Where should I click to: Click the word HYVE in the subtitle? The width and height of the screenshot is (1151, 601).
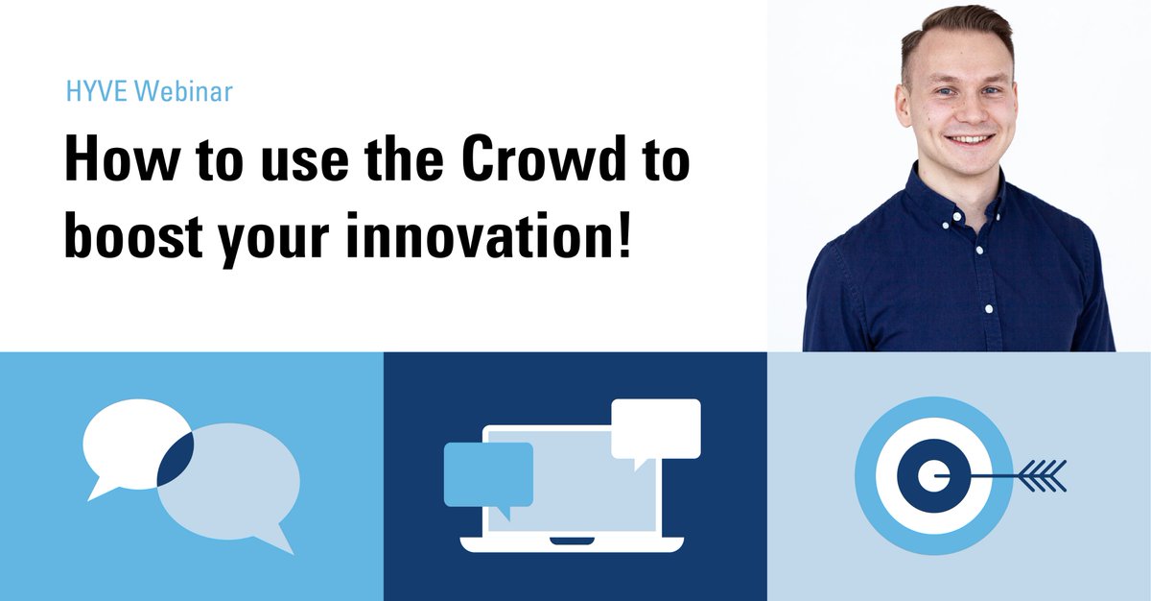point(98,93)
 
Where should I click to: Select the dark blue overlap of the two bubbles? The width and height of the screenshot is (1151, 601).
point(175,459)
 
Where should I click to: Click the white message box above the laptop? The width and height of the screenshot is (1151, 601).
point(656,427)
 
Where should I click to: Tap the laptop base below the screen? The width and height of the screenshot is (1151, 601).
point(572,544)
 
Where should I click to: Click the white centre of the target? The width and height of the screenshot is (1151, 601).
point(928,474)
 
